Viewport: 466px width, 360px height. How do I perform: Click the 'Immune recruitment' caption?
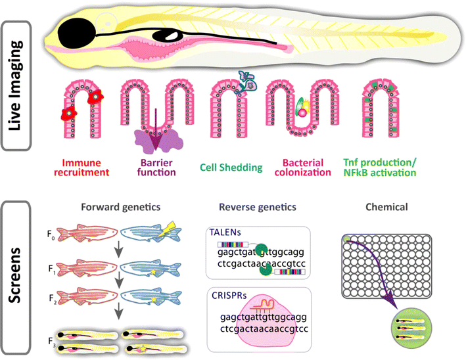pos(85,168)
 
